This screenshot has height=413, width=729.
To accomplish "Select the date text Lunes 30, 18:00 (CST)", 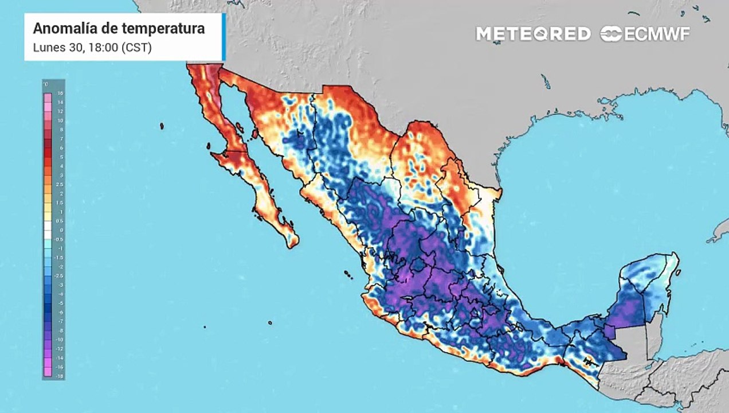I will [x=92, y=48].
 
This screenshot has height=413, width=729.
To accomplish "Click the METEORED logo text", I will [x=533, y=34].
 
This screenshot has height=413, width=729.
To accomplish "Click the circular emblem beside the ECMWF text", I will [x=611, y=34].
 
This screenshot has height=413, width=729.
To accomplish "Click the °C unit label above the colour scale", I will [x=46, y=84].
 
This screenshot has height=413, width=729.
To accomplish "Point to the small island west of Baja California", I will [x=162, y=126].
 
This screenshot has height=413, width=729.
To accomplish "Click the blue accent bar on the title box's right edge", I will [x=223, y=37].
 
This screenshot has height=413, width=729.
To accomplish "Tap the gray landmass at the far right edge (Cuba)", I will [x=719, y=232].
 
